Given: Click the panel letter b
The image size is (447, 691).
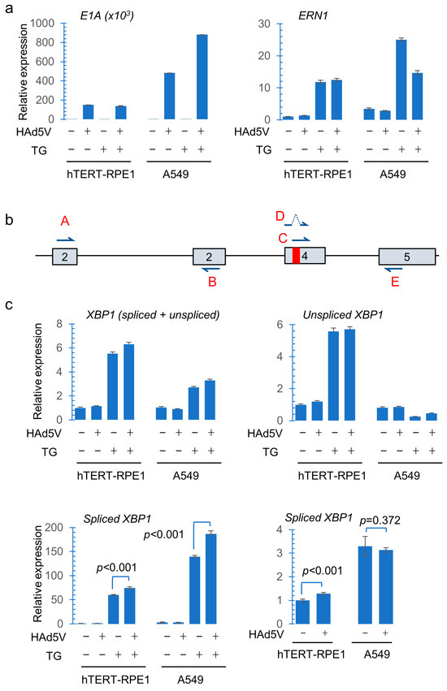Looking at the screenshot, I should point(8,219).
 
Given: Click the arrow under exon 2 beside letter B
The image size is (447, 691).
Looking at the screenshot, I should point(210,274).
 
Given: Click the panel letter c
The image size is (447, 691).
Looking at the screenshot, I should point(8,306).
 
